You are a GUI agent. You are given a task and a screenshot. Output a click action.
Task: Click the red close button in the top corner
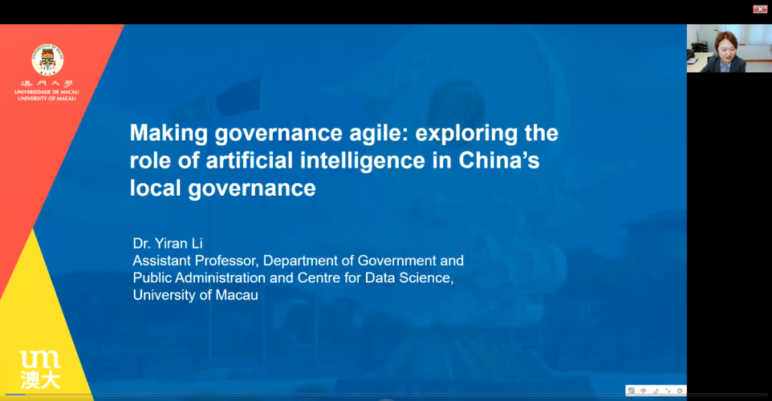(760, 9)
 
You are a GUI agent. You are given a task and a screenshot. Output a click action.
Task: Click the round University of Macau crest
(47, 59)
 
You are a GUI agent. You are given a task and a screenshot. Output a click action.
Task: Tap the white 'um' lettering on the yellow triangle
(40, 359)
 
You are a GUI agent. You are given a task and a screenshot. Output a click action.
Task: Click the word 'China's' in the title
(499, 160)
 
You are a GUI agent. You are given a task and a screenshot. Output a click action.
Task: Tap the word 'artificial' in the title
(249, 160)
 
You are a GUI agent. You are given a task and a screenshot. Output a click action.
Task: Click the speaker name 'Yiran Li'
(179, 243)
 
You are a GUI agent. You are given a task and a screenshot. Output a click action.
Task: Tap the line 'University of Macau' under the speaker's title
(195, 295)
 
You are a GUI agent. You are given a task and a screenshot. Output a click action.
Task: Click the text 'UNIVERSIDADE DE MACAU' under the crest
(46, 92)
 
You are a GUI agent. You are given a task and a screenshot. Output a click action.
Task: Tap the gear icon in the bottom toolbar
(680, 391)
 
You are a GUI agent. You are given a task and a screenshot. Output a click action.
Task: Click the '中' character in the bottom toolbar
(643, 391)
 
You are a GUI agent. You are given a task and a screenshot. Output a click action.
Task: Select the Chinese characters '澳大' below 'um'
(40, 380)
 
